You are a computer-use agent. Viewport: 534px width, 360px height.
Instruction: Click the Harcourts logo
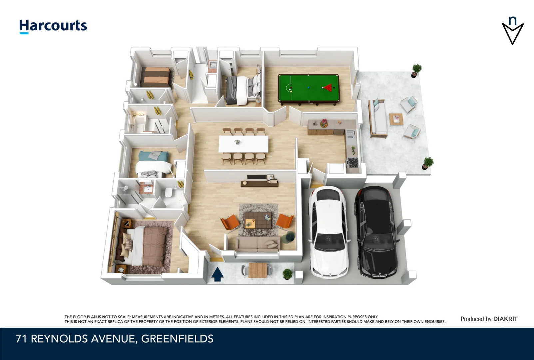pyautogui.click(x=53, y=26)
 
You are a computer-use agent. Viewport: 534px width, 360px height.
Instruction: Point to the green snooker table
pyautogui.click(x=308, y=89)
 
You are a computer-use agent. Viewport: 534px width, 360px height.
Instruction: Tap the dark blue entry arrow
pyautogui.click(x=218, y=274)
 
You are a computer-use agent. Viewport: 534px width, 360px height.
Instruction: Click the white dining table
pyautogui.click(x=244, y=144)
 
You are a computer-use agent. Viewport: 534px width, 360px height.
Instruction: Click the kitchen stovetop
pyautogui.click(x=352, y=162)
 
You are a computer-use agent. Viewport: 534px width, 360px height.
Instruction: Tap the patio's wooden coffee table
pyautogui.click(x=396, y=120)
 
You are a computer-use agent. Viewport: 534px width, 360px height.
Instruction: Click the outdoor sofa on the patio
pyautogui.click(x=378, y=119)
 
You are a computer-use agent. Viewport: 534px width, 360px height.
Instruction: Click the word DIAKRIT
pyautogui.click(x=505, y=319)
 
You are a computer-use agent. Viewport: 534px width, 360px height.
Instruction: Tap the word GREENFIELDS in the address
pyautogui.click(x=177, y=339)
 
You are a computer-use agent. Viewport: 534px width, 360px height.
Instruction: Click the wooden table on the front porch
pyautogui.click(x=258, y=270)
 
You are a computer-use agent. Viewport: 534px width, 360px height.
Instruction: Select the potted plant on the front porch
pyautogui.click(x=287, y=274)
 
